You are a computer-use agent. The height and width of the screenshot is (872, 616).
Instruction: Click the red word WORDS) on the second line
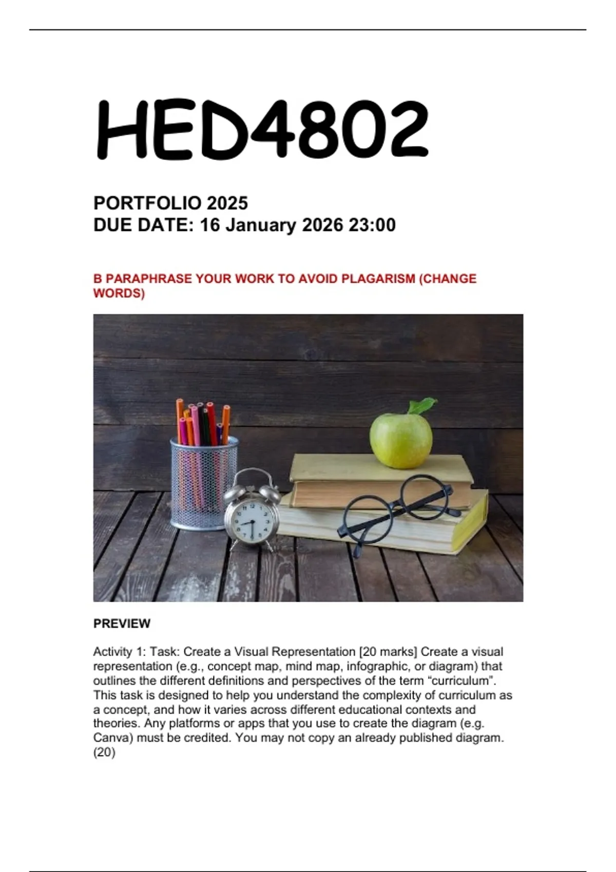119,293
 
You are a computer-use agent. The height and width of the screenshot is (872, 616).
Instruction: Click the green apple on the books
400,440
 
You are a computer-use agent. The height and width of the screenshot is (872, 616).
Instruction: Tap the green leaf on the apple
422,406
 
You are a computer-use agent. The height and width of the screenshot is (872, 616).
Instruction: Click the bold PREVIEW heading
122,624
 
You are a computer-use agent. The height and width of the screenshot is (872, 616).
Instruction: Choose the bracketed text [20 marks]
388,652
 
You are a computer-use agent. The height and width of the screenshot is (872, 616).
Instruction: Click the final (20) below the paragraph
104,752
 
